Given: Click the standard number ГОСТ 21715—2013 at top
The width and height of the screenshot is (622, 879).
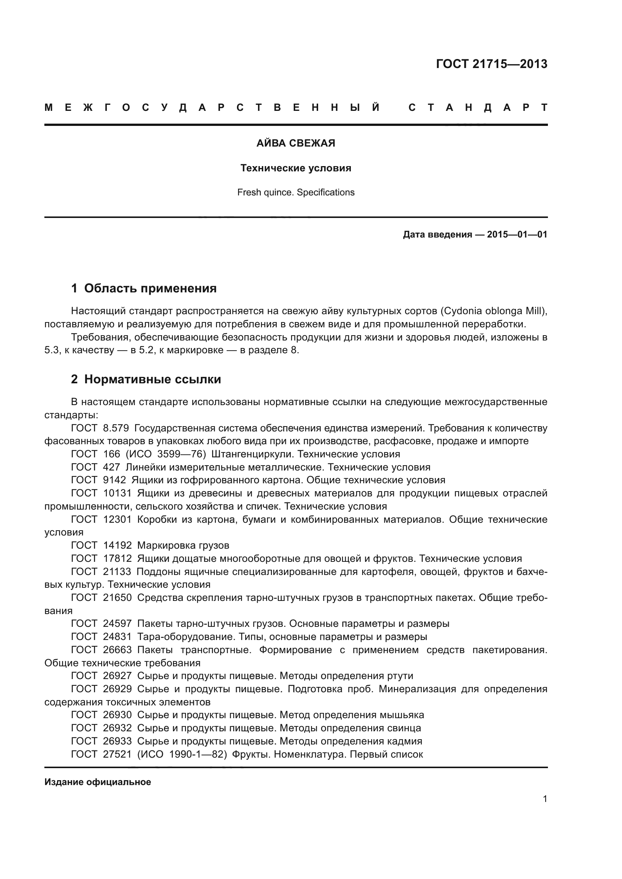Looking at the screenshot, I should pos(492,64).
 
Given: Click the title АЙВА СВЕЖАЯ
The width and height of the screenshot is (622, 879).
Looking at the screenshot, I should pos(296,143).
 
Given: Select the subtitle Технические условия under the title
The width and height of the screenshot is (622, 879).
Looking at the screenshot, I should pos(296,168).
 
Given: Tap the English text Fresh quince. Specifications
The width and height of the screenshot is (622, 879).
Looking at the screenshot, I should pos(296,192).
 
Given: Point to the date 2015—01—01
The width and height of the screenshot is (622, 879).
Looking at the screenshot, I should pos(517,234).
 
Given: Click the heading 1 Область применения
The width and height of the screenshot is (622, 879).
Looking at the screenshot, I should pos(144,288).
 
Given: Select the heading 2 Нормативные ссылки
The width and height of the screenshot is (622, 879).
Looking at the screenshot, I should pos(146,380).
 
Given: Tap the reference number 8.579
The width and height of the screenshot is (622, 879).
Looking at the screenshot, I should pos(116,428).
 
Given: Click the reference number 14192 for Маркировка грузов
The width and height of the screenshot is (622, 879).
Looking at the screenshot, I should pos(117,545).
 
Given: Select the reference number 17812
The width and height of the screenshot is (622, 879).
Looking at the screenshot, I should pos(117,558).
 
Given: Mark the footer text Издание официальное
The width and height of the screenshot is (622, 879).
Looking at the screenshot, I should pos(98,782).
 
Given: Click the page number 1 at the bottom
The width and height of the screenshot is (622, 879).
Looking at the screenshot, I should pos(545,799).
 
